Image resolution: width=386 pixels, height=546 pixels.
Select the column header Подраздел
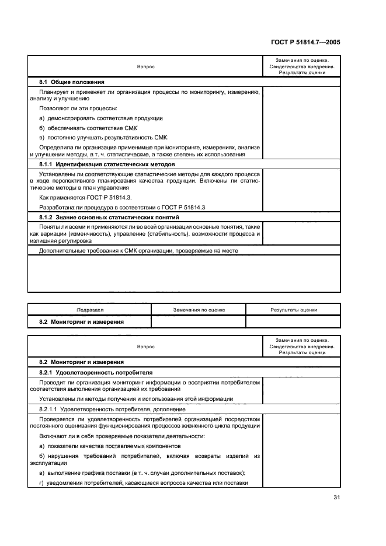(x=90, y=310)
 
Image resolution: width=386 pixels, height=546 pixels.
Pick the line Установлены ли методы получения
(x=135, y=398)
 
